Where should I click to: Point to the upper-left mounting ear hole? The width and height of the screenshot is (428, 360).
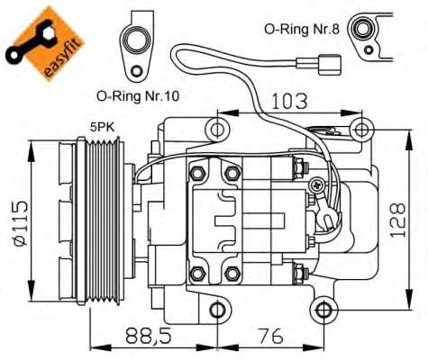[217, 128]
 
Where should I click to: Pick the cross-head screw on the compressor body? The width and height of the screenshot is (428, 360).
[316, 185]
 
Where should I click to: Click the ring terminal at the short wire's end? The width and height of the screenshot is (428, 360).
[332, 219]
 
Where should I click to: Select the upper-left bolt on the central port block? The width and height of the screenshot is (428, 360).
[196, 170]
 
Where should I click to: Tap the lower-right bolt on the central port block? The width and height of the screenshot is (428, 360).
[232, 273]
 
